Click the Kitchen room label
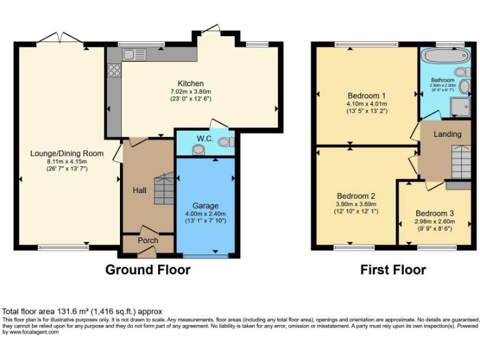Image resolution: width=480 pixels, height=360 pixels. tap(191, 84)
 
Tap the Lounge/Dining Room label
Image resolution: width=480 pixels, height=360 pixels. tap(67, 153)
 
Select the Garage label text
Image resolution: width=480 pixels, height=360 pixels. tap(205, 206)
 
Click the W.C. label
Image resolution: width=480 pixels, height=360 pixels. tap(206, 138)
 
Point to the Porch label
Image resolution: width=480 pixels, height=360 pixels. tap(148, 241)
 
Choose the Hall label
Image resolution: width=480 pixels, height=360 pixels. tap(139, 190)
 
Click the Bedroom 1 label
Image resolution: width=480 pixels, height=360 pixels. tap(366, 96)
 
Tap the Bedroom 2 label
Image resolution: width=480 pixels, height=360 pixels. tap(356, 196)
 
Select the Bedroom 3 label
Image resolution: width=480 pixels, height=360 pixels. tap(435, 213)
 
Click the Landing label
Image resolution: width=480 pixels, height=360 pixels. tap(447, 134)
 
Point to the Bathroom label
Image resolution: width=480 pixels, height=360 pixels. tap(444, 80)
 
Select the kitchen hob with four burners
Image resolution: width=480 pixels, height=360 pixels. tap(114, 70)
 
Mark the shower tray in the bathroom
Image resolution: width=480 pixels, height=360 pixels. tap(461, 107)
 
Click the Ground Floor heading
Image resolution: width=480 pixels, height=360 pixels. tap(147, 270)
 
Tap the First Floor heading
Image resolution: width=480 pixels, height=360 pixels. tap(393, 270)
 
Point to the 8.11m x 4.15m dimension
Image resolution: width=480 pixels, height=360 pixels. tap(67, 161)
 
